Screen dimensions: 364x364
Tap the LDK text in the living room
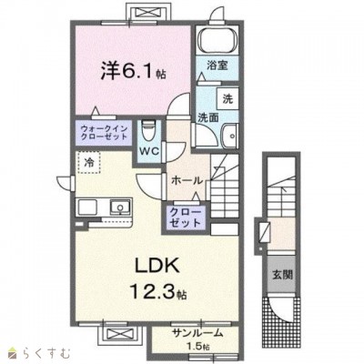157,266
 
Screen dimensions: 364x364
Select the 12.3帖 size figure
157,292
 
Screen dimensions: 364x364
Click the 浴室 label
217,66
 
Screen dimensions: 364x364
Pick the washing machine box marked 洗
227,98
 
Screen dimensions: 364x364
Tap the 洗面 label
208,117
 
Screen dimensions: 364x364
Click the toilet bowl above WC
148,130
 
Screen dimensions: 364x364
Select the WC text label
149,151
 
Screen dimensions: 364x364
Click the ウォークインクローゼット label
104,132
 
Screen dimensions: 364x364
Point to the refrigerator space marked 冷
88,162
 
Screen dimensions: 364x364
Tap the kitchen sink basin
120,207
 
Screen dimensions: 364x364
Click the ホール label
187,181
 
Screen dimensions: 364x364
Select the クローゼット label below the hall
185,217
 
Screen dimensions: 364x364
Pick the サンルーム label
197,333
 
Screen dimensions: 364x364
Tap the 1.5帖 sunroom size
197,346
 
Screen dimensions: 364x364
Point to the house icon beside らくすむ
14,353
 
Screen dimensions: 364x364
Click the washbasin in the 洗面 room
229,136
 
